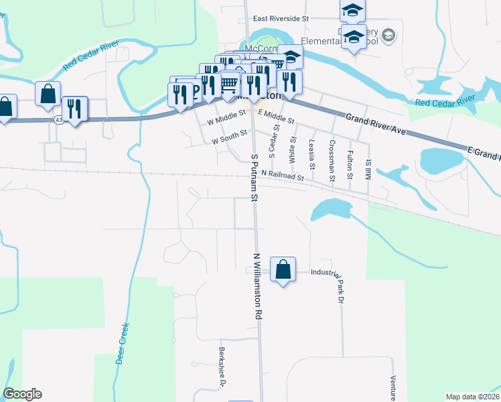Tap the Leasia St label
(x=312, y=155)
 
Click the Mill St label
(x=368, y=168)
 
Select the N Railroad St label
(x=283, y=176)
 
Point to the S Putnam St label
(x=255, y=177)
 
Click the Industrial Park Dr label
(x=332, y=276)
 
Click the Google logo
(x=22, y=394)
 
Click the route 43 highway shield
(x=60, y=120)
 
